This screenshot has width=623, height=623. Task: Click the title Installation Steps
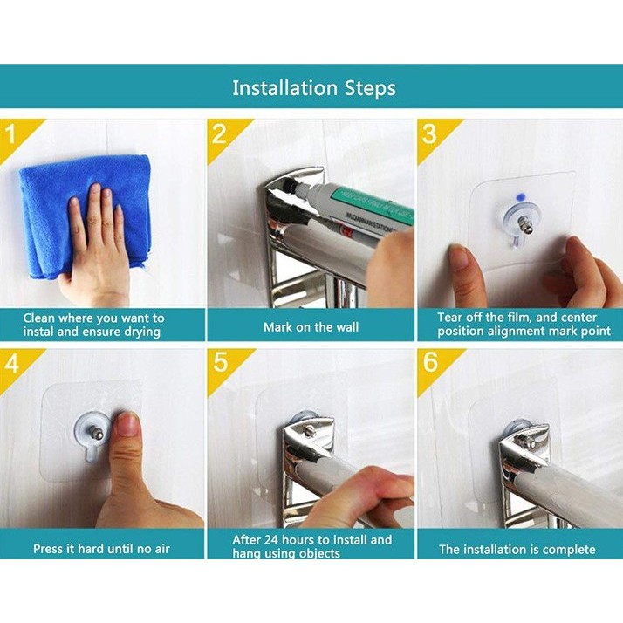(x=314, y=89)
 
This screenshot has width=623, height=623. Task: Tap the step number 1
(x=10, y=133)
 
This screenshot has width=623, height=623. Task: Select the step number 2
(x=219, y=133)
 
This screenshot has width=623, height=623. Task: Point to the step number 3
(x=429, y=133)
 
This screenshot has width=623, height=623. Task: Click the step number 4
(x=12, y=363)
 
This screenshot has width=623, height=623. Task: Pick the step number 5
(x=221, y=362)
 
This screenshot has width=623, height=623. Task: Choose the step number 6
(x=430, y=362)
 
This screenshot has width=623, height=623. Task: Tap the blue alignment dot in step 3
(x=520, y=196)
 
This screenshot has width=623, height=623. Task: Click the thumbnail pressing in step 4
(x=128, y=425)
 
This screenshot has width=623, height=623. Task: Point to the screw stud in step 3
(x=524, y=226)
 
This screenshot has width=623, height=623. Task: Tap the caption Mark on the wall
(x=311, y=327)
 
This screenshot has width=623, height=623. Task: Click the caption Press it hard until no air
(x=101, y=549)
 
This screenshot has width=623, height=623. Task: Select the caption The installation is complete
(x=517, y=550)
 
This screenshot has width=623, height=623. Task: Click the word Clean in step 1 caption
(x=38, y=318)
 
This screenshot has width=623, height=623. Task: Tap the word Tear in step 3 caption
(x=449, y=318)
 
